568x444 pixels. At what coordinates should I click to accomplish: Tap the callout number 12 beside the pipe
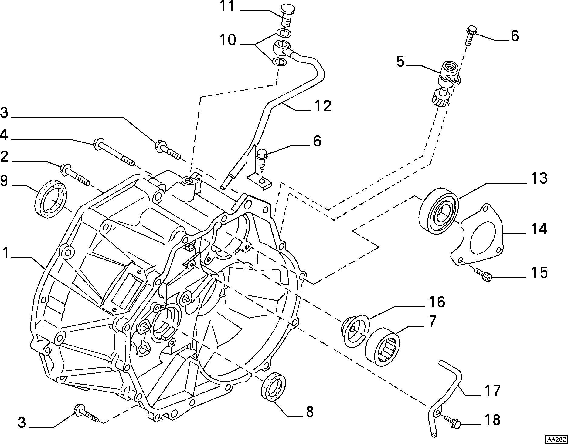pyautogui.click(x=322, y=106)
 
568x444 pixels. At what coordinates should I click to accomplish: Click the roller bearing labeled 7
pyautogui.click(x=383, y=345)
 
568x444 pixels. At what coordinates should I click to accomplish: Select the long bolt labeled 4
pyautogui.click(x=114, y=152)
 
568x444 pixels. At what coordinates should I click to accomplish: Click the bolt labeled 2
pyautogui.click(x=75, y=175)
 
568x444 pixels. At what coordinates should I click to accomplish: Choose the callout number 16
pyautogui.click(x=436, y=302)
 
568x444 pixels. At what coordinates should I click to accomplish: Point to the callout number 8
pyautogui.click(x=309, y=412)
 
